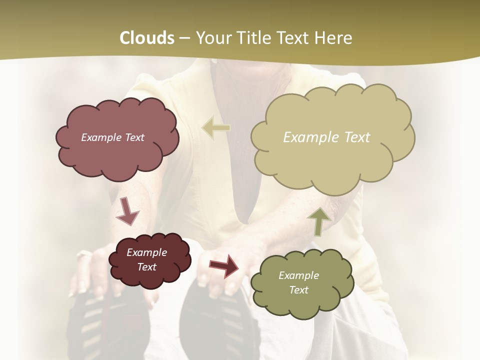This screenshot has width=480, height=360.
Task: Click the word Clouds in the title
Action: pos(147,38)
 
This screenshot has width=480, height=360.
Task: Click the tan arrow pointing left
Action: pos(216,128)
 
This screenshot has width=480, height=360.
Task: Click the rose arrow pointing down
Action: pos(127,212)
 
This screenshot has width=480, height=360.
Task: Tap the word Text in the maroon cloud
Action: pos(147,267)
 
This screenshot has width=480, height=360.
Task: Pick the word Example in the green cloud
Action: pos(298,275)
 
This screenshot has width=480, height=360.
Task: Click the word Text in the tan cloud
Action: pos(357,137)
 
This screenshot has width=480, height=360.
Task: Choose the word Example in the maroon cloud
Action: pos(147,252)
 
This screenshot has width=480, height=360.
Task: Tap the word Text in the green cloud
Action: pos(298,290)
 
